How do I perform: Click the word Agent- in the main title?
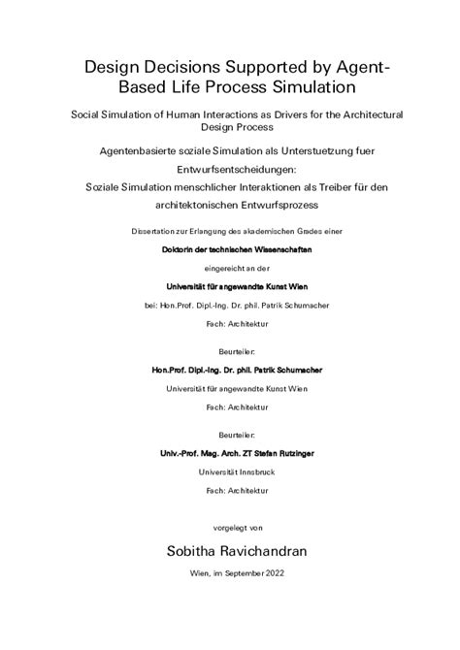click(360, 65)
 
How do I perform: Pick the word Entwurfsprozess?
click(280, 206)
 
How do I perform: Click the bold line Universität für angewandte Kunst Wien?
click(230, 285)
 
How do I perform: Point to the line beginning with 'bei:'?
click(230, 304)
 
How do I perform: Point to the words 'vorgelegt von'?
click(230, 529)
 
